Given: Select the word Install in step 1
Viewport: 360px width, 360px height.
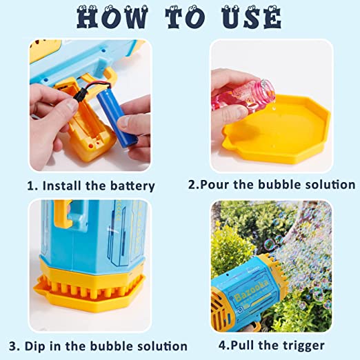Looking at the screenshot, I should click(63, 186).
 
